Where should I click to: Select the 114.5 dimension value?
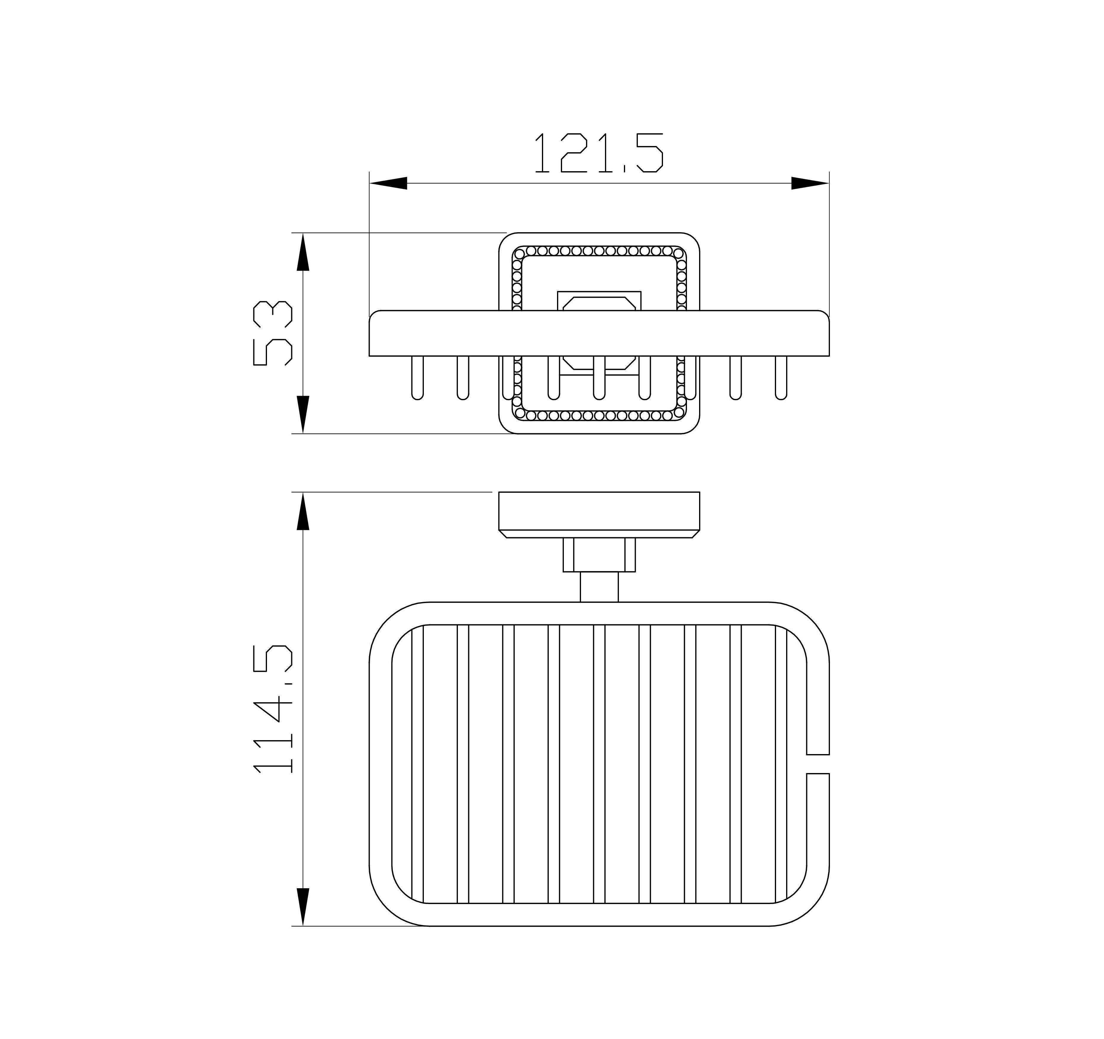coord(272,708)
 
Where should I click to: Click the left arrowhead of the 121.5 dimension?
coord(388,183)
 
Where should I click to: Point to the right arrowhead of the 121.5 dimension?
coord(810,183)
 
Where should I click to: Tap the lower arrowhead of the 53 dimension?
coord(303,414)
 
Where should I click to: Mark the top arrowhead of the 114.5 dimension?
coord(303,511)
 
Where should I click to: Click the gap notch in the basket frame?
coord(817,764)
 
